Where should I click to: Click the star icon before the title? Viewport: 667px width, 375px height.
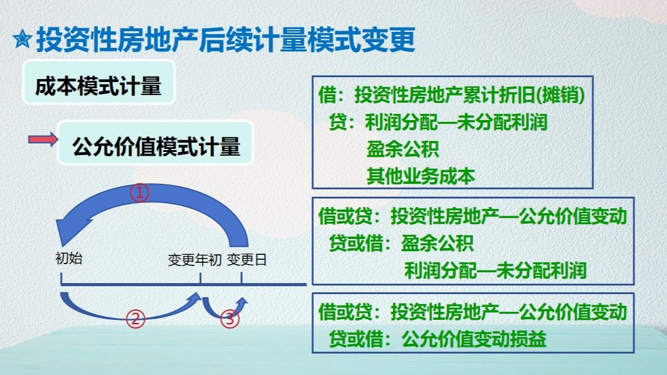point(22,41)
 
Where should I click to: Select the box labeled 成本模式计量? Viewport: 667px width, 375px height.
point(98,86)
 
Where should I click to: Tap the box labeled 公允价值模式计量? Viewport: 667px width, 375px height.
point(156,147)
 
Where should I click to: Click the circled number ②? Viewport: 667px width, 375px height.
point(135,319)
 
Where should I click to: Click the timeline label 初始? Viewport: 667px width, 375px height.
point(68,259)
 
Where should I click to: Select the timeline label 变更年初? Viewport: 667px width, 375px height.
point(194,260)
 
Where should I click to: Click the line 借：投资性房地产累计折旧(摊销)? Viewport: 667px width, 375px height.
point(451,95)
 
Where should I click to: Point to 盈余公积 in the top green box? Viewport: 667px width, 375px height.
point(403,149)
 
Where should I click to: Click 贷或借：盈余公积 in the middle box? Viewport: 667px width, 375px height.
point(402,243)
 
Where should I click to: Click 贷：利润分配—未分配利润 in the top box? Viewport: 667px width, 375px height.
point(438,122)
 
